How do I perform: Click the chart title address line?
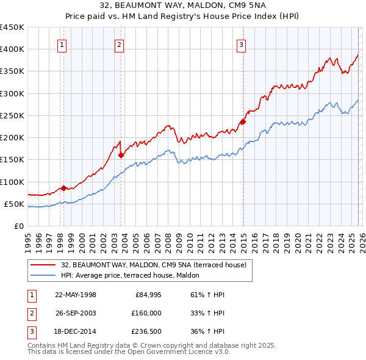182,6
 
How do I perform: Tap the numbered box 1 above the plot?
63,44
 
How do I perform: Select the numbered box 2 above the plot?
119,44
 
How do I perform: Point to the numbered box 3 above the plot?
241,44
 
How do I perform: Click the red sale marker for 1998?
63,188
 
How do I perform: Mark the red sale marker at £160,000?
121,155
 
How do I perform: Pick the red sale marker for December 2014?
243,121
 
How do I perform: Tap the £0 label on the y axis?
18,226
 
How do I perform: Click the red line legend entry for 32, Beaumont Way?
153,265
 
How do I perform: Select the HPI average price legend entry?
134,275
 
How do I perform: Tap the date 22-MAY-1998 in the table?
76,295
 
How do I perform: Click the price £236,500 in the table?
147,333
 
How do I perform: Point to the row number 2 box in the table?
30,314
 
